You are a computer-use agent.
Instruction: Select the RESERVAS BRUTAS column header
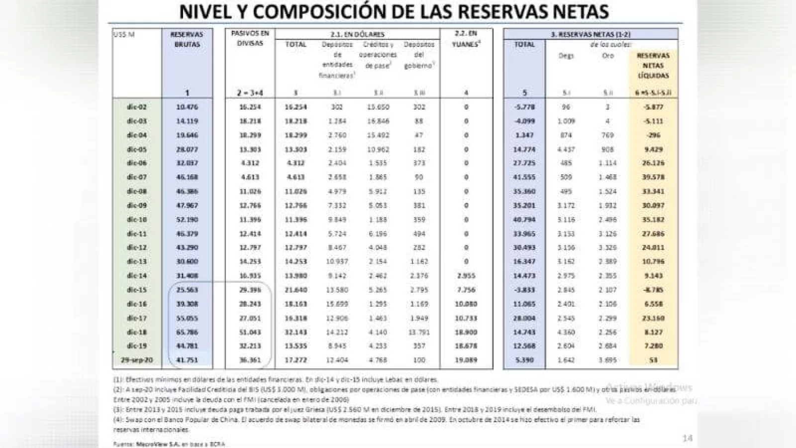point(187,39)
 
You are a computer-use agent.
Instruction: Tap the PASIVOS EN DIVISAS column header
point(250,38)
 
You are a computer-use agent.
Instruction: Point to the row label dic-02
point(137,107)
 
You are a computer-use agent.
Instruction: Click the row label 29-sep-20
point(137,360)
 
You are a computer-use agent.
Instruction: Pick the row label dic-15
point(137,290)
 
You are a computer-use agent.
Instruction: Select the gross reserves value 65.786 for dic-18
point(187,332)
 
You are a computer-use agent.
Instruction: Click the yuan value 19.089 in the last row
point(466,360)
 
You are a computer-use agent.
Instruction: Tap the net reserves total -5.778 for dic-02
point(524,107)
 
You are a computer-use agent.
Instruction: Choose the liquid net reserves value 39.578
point(653,177)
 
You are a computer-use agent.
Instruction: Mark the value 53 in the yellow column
point(653,360)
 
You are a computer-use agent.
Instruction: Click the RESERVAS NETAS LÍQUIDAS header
point(653,66)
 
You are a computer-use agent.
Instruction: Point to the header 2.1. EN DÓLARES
point(357,34)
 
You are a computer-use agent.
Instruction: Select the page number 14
point(687,439)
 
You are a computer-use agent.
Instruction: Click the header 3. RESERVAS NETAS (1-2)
point(590,34)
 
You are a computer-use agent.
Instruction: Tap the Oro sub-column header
point(607,56)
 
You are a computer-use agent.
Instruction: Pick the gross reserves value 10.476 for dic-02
point(187,107)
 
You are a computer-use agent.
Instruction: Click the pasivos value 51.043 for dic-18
point(250,332)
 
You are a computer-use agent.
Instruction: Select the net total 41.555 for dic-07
point(524,177)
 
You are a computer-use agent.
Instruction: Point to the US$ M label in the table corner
point(124,34)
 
